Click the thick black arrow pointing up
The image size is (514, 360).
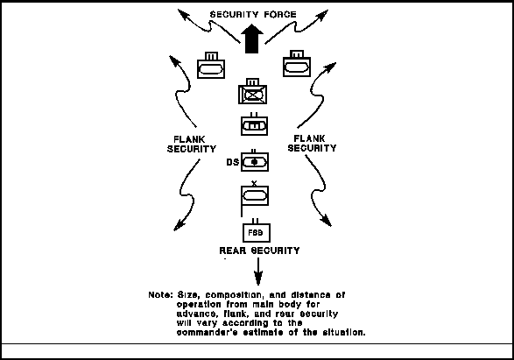(x=252, y=39)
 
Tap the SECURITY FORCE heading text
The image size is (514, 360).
(x=253, y=14)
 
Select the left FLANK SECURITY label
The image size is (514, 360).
(x=192, y=144)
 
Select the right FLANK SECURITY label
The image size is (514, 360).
(x=312, y=144)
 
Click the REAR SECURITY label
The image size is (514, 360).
(x=259, y=251)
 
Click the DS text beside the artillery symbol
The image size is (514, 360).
(x=232, y=162)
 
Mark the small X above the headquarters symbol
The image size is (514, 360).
(x=254, y=183)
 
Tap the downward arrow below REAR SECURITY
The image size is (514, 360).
(x=258, y=272)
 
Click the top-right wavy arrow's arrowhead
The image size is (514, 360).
(x=321, y=16)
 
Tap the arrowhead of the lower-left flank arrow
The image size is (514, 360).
(x=179, y=225)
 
